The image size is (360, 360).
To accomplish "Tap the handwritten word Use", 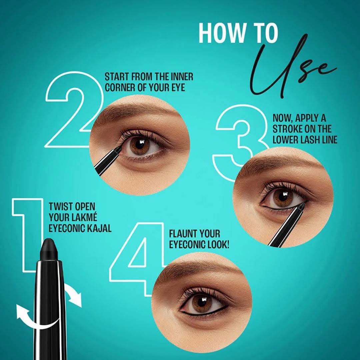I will coord(287,67).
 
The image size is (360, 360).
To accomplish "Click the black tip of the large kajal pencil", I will coord(49,248).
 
